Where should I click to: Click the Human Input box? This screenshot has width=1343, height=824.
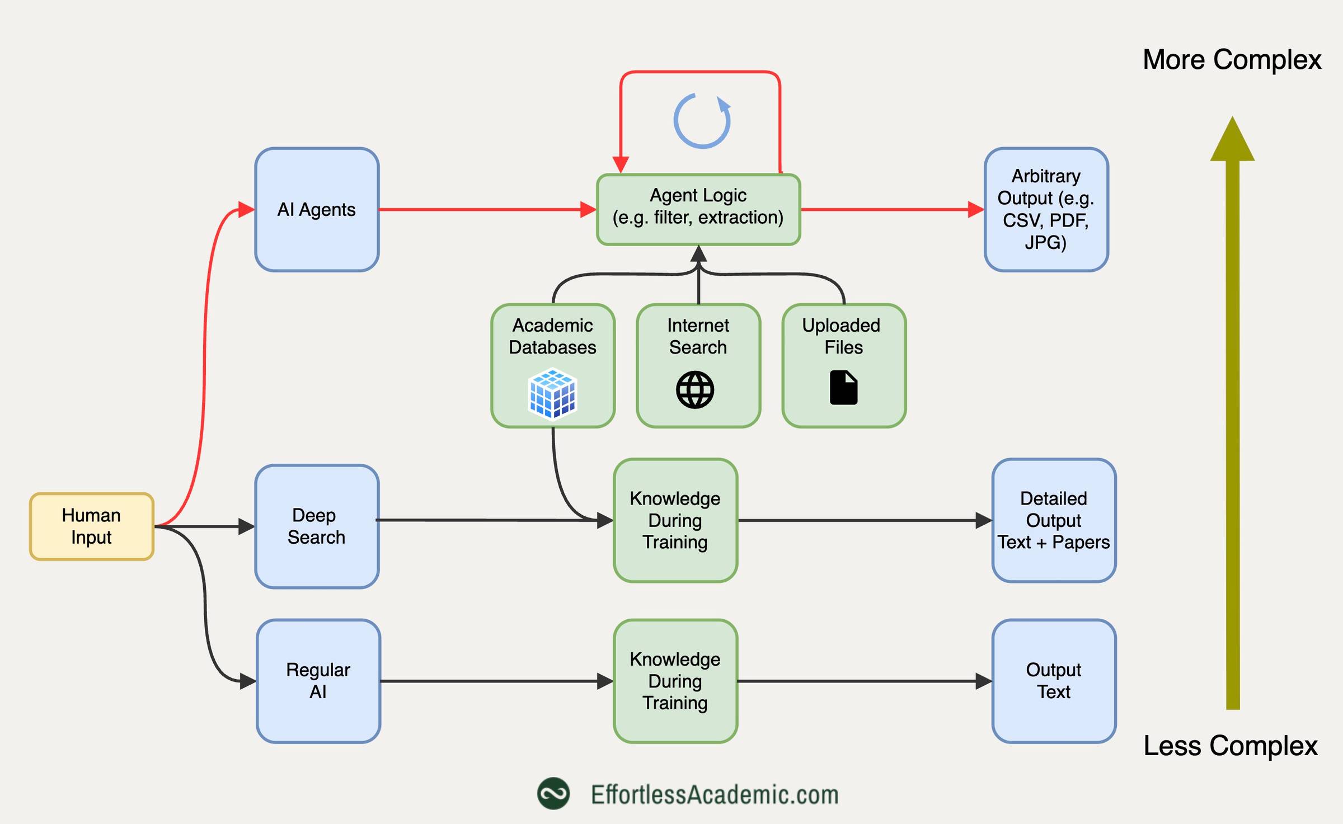[92, 526]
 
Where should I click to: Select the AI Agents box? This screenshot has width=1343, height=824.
[317, 210]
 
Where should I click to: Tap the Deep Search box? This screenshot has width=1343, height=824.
[317, 526]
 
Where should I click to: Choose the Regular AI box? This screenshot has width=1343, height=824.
[318, 681]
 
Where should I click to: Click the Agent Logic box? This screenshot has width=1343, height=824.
[698, 210]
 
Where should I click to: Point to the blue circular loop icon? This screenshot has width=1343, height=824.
[702, 121]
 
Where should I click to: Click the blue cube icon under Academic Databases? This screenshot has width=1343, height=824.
[552, 393]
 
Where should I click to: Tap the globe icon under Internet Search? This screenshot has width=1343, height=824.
[695, 390]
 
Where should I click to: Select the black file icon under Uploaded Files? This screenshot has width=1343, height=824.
[843, 388]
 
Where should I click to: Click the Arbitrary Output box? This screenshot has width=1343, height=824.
[1046, 210]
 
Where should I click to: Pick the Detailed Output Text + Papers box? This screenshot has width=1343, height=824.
[1054, 520]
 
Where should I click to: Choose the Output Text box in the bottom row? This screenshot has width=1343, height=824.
[1054, 681]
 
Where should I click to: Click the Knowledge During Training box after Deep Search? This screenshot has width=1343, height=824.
[675, 520]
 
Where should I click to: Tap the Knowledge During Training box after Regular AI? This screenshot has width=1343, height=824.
[675, 681]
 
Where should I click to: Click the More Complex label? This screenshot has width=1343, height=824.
[1232, 60]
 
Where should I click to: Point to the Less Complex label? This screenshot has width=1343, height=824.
[1230, 746]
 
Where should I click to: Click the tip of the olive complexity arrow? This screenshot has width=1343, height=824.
[1233, 120]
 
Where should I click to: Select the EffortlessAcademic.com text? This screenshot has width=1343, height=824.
[715, 794]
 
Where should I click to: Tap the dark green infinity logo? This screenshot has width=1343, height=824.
[553, 794]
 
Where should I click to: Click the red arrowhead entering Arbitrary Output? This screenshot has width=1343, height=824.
[976, 210]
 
